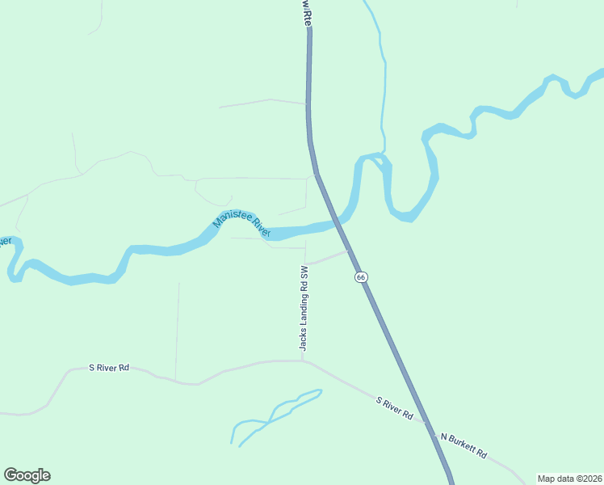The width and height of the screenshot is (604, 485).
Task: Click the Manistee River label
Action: coord(241,226)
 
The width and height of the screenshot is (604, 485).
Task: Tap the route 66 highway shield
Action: coord(361,276)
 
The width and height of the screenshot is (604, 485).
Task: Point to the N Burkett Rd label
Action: coord(463,445)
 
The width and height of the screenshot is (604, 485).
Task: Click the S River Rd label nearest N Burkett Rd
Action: coord(395,408)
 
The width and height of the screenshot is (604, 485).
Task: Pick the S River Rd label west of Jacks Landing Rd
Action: coord(109,368)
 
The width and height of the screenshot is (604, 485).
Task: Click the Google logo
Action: coord(27,475)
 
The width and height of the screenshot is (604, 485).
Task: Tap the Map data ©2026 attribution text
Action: coord(569,479)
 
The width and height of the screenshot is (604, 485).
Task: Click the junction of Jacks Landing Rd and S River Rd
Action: coord(304,361)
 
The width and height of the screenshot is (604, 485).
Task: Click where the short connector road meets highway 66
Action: coord(350,250)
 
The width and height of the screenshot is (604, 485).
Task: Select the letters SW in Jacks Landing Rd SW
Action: coord(304,273)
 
